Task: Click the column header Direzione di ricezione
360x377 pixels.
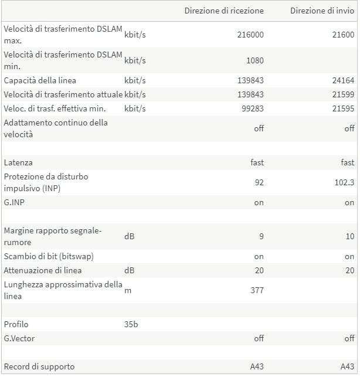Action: tap(224, 11)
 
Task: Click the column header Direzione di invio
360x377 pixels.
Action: tap(322, 11)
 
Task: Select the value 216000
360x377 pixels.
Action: tap(250, 35)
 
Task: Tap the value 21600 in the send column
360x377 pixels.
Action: tap(343, 35)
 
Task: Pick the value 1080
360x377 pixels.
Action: tap(255, 60)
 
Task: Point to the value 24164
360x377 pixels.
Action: tap(343, 80)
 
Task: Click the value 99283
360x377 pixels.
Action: tap(253, 108)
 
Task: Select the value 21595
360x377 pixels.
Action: tap(343, 108)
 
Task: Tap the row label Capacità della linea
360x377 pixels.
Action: tap(40, 80)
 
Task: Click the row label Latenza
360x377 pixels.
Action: tap(18, 162)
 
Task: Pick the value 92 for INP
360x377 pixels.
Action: tap(259, 182)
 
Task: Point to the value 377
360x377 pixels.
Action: tap(257, 290)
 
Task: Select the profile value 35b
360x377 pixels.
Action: tap(131, 324)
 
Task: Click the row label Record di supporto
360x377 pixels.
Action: tap(39, 366)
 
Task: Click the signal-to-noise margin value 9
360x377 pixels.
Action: tap(261, 236)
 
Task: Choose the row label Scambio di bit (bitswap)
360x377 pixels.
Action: tap(48, 256)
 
